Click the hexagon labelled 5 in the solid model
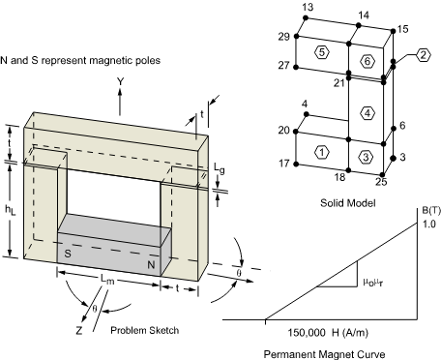pyautogui.click(x=322, y=52)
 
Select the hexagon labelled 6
pyautogui.click(x=367, y=61)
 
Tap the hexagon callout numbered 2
pyautogui.click(x=423, y=55)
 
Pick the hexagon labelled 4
pyautogui.click(x=367, y=113)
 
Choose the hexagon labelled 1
pyautogui.click(x=322, y=152)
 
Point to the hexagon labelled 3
pyautogui.click(x=366, y=157)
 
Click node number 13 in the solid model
pyautogui.click(x=308, y=7)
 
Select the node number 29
pyautogui.click(x=284, y=37)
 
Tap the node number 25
pyautogui.click(x=381, y=182)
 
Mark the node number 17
pyautogui.click(x=284, y=164)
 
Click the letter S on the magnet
pyautogui.click(x=68, y=254)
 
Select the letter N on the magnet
pyautogui.click(x=151, y=265)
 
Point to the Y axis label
pyautogui.click(x=120, y=81)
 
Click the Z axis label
pyautogui.click(x=79, y=330)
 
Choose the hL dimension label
pyautogui.click(x=10, y=210)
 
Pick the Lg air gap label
pyautogui.click(x=220, y=168)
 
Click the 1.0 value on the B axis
pyautogui.click(x=429, y=224)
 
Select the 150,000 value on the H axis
pyautogui.click(x=307, y=333)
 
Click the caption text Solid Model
pyautogui.click(x=348, y=203)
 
